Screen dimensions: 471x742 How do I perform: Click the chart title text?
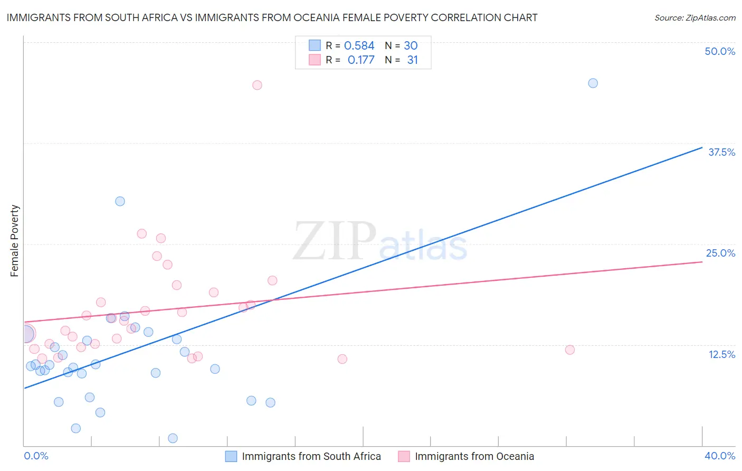pos(272,17)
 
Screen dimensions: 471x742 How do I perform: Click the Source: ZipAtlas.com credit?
pos(695,17)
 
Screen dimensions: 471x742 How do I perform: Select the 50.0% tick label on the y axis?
pos(720,51)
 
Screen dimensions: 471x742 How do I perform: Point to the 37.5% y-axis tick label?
pos(721,152)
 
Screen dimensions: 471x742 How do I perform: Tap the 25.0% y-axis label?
pos(720,253)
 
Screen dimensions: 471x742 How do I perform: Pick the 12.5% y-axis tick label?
pos(721,354)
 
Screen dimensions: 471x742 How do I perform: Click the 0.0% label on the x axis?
pos(36,456)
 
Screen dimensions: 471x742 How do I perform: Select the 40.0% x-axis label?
pos(719,456)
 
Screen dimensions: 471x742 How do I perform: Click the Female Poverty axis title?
pos(15,241)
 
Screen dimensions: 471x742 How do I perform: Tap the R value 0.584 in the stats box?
pos(359,46)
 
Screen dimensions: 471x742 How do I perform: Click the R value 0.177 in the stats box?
pos(361,60)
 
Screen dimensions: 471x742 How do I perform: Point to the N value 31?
pos(412,60)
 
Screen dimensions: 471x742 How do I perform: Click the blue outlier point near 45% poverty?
pos(593,83)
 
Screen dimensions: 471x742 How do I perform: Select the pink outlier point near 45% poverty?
pos(257,85)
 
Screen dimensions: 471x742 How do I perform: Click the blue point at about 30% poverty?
pos(120,201)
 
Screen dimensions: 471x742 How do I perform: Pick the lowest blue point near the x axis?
pos(173,438)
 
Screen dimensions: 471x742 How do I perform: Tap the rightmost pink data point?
pos(569,350)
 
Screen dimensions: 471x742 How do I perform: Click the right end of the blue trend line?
pos(702,147)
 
